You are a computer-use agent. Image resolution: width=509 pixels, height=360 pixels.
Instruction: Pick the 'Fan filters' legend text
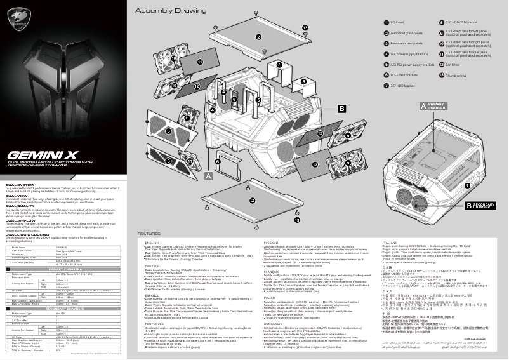[x=453, y=64]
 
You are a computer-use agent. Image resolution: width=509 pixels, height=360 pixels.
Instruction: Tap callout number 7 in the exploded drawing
[x=279, y=64]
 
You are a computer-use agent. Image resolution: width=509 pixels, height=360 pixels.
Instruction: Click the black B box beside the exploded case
[x=341, y=109]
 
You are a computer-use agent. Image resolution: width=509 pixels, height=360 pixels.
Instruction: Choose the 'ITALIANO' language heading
[x=390, y=242]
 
